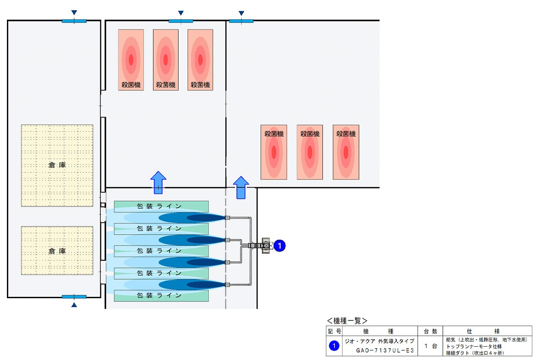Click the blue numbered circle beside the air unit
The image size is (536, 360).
(279, 245)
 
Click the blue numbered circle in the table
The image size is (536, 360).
(334, 346)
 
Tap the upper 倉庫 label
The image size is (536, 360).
(57, 165)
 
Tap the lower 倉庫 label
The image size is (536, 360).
(57, 251)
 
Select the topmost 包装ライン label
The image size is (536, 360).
(159, 206)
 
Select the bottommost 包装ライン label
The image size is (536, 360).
(159, 296)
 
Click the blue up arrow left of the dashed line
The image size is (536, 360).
(158, 182)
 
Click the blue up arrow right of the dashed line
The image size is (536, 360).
(241, 188)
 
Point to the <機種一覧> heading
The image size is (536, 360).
(347, 321)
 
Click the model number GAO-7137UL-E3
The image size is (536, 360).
(385, 350)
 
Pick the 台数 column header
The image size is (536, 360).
(431, 331)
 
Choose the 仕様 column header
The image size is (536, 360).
(483, 331)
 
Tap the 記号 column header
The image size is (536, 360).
(334, 331)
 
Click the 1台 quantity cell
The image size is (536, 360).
(431, 346)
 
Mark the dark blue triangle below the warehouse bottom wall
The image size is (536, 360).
(74, 305)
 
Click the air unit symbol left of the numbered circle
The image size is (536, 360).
(266, 245)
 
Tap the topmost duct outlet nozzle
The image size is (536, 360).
(227, 218)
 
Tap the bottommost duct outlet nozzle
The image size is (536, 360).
(227, 285)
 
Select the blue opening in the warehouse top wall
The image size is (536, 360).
(74, 21)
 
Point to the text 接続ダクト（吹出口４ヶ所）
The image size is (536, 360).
(475, 353)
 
